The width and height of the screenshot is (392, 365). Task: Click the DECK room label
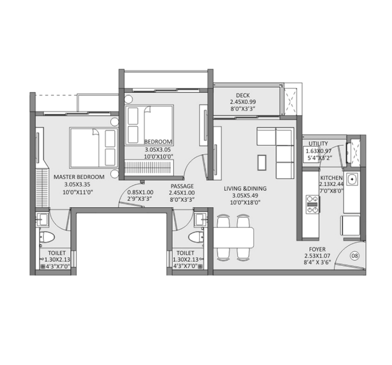(242, 95)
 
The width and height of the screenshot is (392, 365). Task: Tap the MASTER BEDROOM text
(79, 177)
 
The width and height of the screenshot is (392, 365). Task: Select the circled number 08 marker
(355, 256)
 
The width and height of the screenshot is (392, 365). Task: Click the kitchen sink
(352, 180)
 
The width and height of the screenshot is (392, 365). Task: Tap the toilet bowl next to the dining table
(195, 236)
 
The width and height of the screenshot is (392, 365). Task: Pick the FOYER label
(317, 249)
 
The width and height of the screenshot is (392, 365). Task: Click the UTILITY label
(318, 144)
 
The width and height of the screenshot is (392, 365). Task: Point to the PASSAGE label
(182, 186)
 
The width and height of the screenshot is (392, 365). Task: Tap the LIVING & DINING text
(245, 189)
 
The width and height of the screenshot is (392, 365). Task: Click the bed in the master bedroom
(92, 147)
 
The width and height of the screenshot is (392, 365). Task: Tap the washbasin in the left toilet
(43, 219)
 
